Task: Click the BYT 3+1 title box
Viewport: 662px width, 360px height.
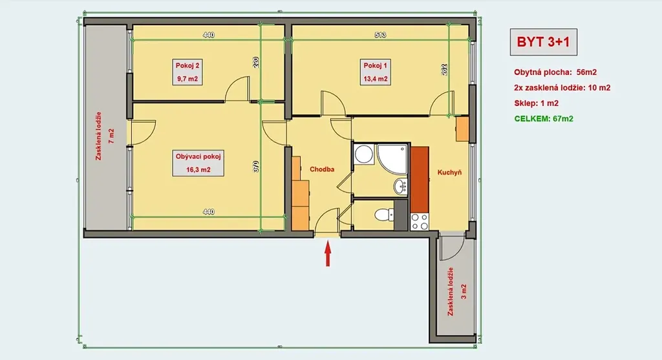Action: [543, 42]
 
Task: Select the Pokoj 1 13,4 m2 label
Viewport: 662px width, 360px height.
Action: [376, 72]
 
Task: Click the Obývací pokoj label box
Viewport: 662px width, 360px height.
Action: [198, 163]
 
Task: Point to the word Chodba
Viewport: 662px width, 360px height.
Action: [322, 169]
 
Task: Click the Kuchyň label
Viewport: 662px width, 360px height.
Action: [449, 172]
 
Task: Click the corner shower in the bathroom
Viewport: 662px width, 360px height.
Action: [392, 159]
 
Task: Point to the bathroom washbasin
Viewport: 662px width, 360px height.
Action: [401, 186]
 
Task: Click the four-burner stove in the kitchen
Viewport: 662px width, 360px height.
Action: [420, 222]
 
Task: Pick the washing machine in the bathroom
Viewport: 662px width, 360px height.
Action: [363, 154]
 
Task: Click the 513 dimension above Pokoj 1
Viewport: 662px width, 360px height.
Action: [380, 35]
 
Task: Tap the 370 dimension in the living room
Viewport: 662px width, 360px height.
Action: [256, 166]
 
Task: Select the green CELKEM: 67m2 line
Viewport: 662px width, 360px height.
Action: [544, 118]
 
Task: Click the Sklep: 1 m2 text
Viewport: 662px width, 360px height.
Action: [536, 103]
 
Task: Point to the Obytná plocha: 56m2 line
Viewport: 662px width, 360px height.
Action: [555, 72]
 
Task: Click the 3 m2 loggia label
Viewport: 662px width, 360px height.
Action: [464, 291]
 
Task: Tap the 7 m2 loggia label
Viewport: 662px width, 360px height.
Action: [111, 136]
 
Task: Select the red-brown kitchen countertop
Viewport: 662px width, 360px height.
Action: [420, 180]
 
